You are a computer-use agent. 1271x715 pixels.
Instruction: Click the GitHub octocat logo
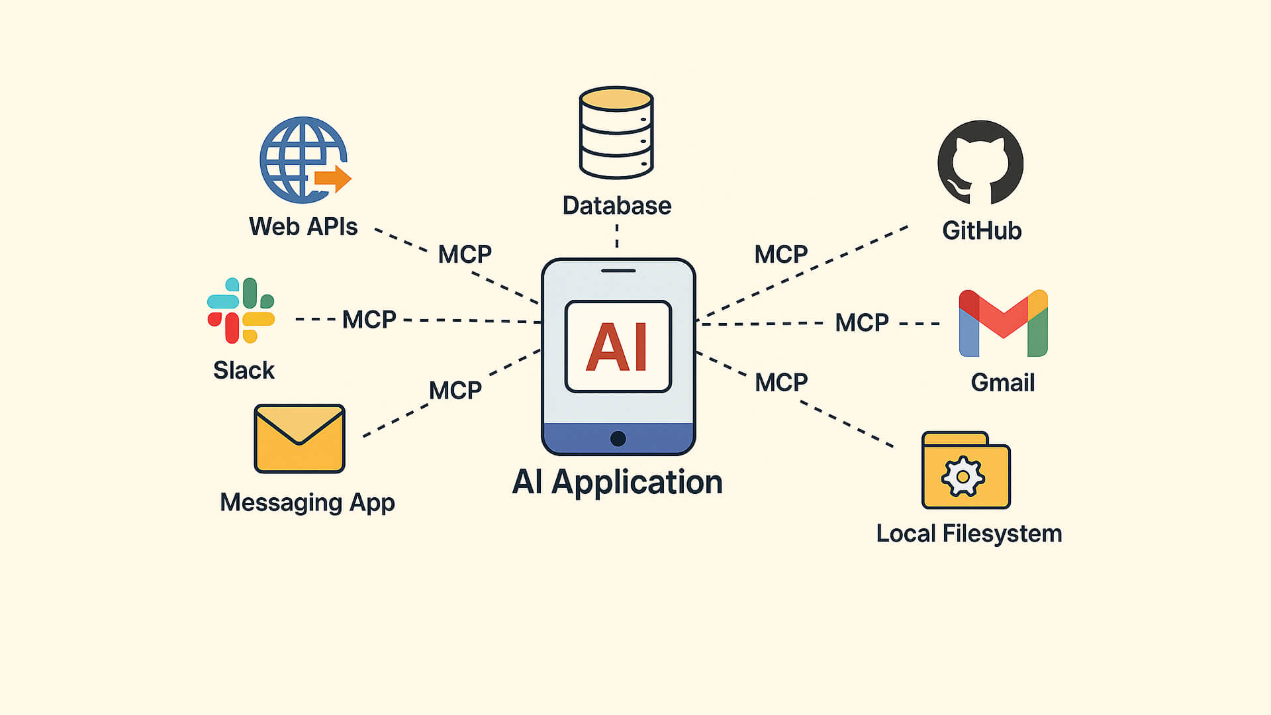pos(980,163)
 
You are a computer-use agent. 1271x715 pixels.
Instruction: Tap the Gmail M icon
pos(1003,323)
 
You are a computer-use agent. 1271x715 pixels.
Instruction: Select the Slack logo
pos(241,310)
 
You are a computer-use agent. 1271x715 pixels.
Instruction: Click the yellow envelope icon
pos(300,438)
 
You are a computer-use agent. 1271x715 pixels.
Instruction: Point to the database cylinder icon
pos(616,133)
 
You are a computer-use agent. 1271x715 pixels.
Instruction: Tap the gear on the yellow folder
pos(963,477)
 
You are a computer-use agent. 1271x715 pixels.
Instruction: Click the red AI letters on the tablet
pos(617,347)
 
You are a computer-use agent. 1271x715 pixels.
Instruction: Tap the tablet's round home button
pos(618,438)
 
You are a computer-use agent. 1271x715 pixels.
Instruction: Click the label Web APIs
pos(303,227)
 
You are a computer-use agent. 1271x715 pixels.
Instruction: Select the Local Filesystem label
pos(968,534)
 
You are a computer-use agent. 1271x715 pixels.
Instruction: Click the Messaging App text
pos(307,502)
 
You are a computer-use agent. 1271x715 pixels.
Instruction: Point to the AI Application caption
pos(617,482)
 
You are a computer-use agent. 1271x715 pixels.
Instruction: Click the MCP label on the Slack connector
pos(369,320)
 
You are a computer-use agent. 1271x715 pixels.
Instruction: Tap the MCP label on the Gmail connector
pos(861,323)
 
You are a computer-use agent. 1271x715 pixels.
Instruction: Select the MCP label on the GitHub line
pos(780,254)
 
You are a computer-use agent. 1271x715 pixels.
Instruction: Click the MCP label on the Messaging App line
pos(455,391)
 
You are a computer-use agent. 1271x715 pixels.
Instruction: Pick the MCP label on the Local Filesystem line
pos(781,383)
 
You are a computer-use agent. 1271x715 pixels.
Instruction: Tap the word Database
pos(616,206)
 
